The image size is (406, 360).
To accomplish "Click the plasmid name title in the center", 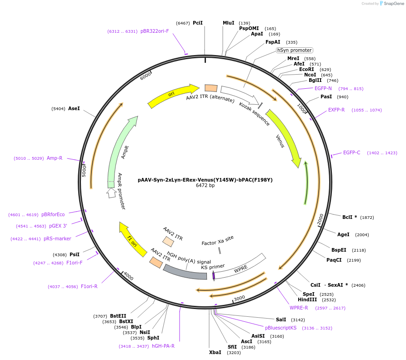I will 205,180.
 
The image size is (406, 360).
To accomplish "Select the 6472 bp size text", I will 205,186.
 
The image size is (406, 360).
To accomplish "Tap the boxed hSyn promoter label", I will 295,50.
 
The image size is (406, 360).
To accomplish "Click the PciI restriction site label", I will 198,23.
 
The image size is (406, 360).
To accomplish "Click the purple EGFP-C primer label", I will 351,152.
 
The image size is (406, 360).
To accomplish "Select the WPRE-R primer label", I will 299,308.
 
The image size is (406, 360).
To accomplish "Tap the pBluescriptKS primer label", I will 281,328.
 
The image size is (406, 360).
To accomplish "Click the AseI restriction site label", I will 74,109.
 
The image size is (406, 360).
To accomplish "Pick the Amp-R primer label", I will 55,158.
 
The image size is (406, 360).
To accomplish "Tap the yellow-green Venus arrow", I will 284,137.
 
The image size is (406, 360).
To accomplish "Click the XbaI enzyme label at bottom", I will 215,352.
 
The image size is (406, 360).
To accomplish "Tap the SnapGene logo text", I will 392,4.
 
